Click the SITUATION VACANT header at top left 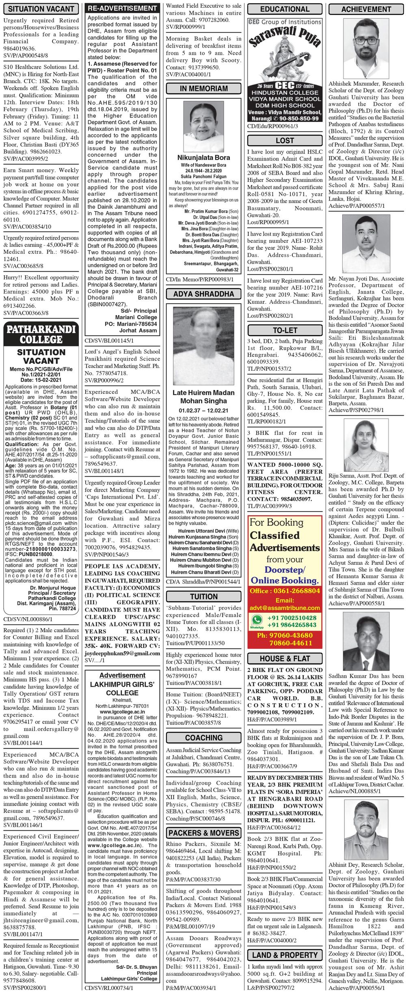[41, 9]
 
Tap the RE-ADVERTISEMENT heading [122, 8]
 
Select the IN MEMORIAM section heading [203, 89]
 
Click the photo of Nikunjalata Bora [203, 126]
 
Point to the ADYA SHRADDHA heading [203, 294]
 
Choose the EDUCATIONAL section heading [285, 9]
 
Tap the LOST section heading [285, 140]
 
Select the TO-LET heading [285, 331]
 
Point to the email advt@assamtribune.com [285, 608]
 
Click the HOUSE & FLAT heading [285, 659]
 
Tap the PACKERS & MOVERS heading [203, 833]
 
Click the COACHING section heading [203, 738]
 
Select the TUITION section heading [203, 596]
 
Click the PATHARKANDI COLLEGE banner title [41, 334]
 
